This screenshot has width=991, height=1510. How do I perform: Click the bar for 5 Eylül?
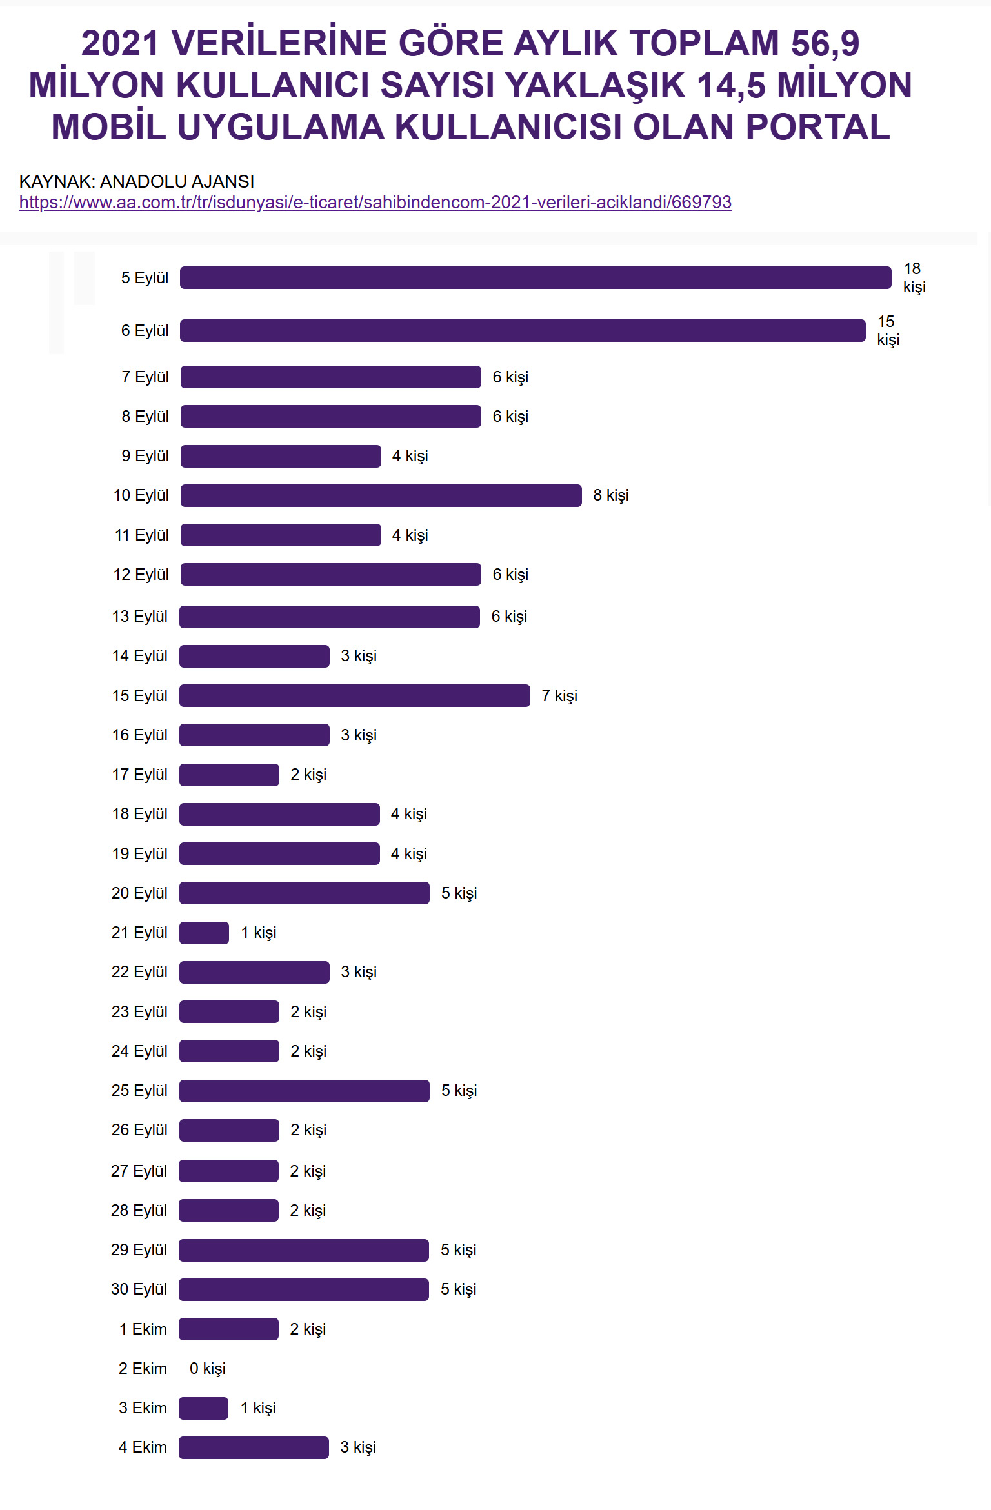tap(536, 277)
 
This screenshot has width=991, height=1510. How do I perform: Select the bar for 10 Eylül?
tap(381, 495)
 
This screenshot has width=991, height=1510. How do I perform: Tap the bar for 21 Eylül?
tap(204, 933)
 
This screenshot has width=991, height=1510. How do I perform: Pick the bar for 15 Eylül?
tap(354, 695)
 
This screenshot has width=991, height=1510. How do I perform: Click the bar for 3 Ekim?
tap(203, 1408)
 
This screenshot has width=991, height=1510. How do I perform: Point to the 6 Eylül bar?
tap(523, 330)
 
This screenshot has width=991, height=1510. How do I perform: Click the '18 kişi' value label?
tap(914, 277)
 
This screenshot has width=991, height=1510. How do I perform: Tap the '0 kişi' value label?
tap(207, 1369)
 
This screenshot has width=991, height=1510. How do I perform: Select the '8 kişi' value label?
tap(610, 495)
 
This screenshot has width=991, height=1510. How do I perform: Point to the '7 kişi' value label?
tap(559, 695)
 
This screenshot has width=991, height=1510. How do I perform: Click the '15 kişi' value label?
tap(887, 330)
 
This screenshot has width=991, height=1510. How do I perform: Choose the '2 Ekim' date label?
tap(143, 1369)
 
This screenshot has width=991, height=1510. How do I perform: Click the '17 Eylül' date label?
tap(139, 774)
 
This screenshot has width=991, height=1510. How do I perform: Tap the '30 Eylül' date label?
tap(139, 1289)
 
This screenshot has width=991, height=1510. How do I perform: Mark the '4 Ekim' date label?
tap(143, 1447)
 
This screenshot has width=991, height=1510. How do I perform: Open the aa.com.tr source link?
tap(375, 203)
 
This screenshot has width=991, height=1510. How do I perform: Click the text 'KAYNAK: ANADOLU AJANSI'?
tap(137, 181)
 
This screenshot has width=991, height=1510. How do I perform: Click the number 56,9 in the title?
tap(825, 44)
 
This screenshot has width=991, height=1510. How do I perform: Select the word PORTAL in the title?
tap(817, 127)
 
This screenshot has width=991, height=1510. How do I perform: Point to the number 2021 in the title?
tap(120, 44)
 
